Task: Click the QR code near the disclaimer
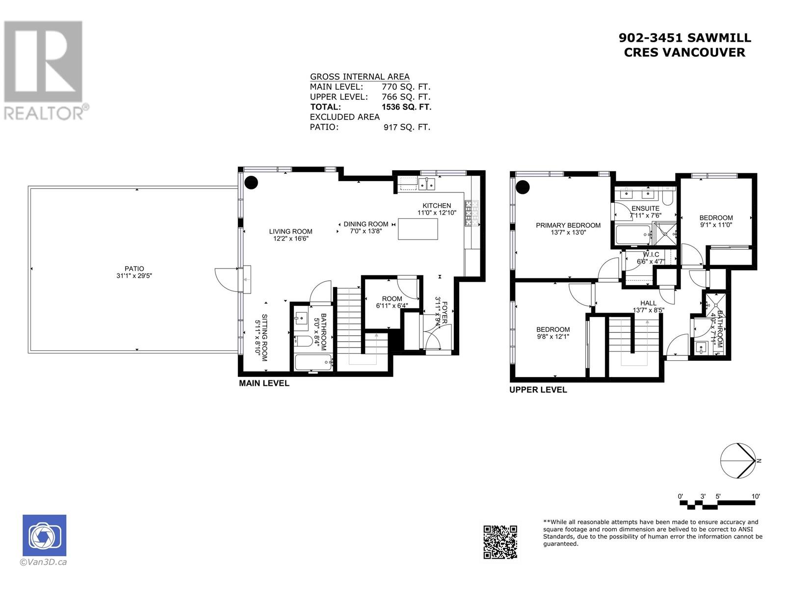pos(500,542)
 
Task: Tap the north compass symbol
pos(737,460)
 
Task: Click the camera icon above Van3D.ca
pos(44,535)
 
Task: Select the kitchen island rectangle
pos(418,229)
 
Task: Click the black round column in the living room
pos(251,183)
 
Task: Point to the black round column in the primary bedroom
pos(523,187)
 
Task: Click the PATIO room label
pos(134,268)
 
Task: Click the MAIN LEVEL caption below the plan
pos(264,383)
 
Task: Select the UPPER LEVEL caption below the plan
pos(538,390)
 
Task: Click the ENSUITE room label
pos(645,209)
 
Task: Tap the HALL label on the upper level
pos(648,303)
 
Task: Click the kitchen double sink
pos(426,184)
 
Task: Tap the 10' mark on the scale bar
pos(756,496)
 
